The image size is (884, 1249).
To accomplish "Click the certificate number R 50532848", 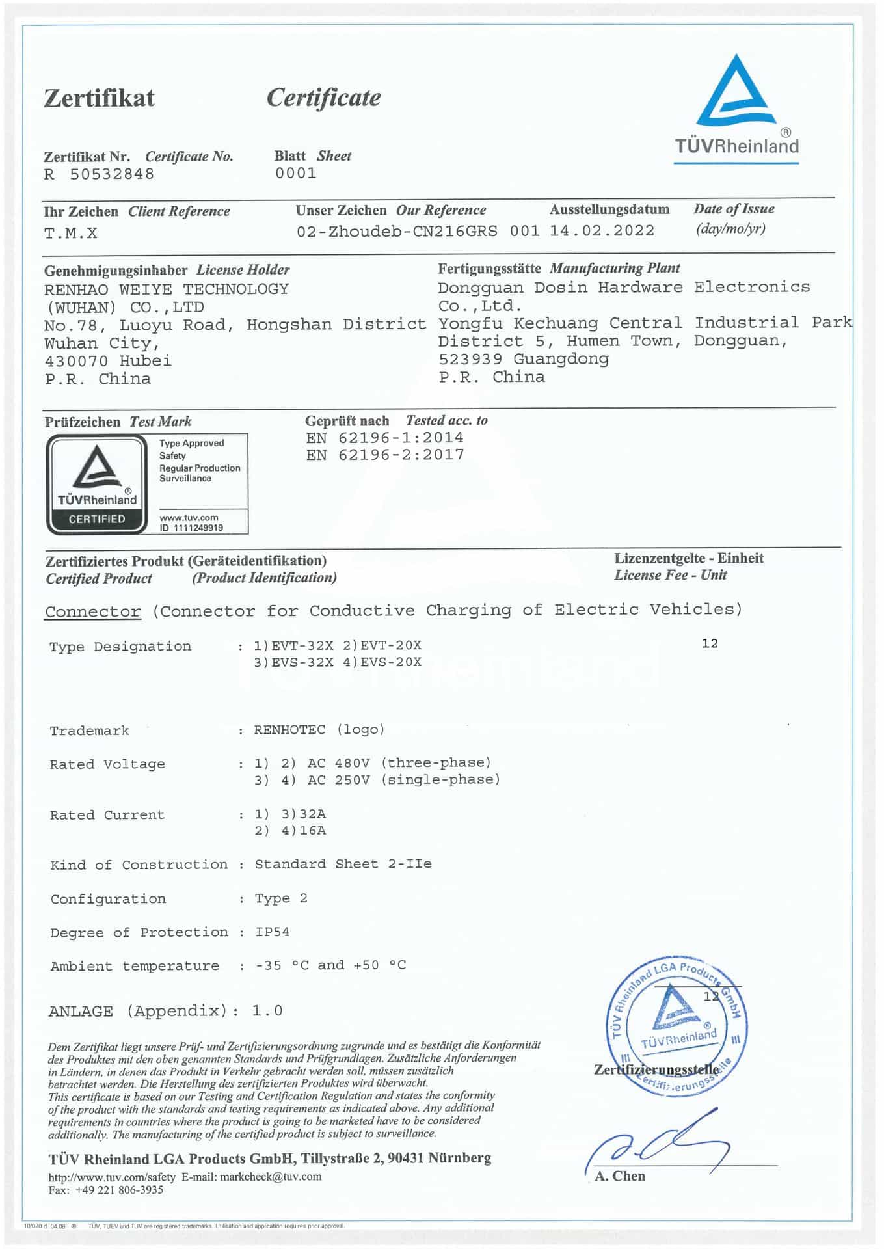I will coord(99,174).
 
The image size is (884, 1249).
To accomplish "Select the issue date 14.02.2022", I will coord(602,231).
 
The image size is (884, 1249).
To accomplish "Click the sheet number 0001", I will coord(295,174).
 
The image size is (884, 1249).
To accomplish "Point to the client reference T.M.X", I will coord(71,234).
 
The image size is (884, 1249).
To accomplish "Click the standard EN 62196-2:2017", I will coord(385,455).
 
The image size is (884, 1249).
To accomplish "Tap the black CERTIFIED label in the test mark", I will coord(97,519).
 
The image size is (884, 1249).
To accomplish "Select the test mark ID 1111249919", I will coord(191,528).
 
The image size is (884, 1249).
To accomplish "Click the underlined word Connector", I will coord(92,611).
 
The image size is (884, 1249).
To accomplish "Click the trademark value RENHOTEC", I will coord(289,730).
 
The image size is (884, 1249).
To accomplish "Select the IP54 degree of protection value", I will coord(272,932).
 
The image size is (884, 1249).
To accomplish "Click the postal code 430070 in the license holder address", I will coord(76,361).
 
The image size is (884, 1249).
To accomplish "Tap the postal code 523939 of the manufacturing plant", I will coord(470,359).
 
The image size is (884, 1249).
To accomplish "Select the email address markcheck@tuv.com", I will coord(271,1176).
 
